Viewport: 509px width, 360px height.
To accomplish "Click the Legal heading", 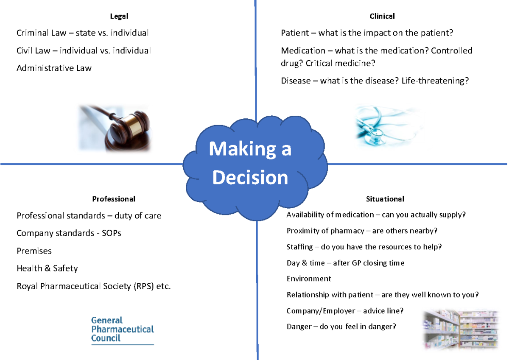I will pyautogui.click(x=119, y=17).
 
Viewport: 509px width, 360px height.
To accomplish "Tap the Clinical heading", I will pyautogui.click(x=382, y=17).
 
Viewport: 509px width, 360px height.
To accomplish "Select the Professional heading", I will pyautogui.click(x=114, y=199).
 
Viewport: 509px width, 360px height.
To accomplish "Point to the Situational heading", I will pyautogui.click(x=385, y=199).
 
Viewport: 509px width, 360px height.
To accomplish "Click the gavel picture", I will pyautogui.click(x=115, y=128).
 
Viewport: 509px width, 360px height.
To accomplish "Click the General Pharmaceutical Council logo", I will pyautogui.click(x=123, y=329).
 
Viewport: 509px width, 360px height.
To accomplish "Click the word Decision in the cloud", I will pyautogui.click(x=250, y=178).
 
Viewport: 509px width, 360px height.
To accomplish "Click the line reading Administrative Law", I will pyautogui.click(x=54, y=68).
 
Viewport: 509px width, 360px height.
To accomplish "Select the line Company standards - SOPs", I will pyautogui.click(x=69, y=233).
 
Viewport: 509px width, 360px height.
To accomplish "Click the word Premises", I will pyautogui.click(x=34, y=251).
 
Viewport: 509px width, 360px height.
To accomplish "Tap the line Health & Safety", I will pyautogui.click(x=47, y=268).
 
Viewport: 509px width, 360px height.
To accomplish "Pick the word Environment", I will pyautogui.click(x=308, y=279).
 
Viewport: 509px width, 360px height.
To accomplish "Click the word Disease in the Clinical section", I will pyautogui.click(x=296, y=81).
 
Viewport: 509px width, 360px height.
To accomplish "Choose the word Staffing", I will pyautogui.click(x=299, y=247).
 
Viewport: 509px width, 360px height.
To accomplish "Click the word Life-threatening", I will pyautogui.click(x=435, y=81).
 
